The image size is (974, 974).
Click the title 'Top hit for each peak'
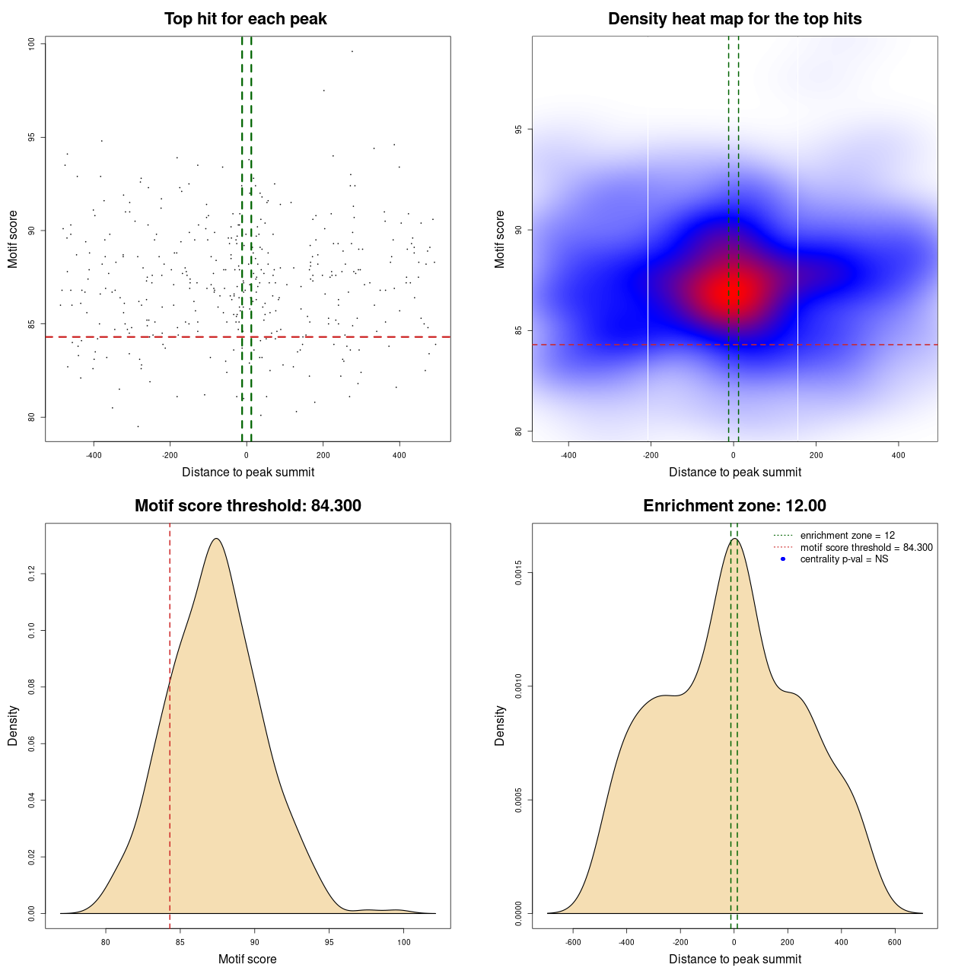click(245, 19)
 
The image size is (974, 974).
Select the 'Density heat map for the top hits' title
click(734, 19)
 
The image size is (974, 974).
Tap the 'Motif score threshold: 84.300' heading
click(247, 506)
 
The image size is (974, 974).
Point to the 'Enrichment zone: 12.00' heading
click(734, 506)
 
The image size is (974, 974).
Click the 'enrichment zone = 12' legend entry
click(847, 536)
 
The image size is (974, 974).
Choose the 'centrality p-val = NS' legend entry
click(844, 559)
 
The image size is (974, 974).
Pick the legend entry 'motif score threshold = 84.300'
click(866, 547)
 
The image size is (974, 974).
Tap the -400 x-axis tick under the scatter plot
click(94, 455)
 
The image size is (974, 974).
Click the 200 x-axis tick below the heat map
click(816, 455)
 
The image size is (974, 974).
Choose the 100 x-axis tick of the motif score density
click(403, 942)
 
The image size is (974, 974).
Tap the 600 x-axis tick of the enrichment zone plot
click(894, 942)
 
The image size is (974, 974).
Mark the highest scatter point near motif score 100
click(352, 52)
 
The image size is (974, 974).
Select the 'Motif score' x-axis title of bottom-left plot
click(247, 959)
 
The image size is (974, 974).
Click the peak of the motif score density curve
click(217, 539)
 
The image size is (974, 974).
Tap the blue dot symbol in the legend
click(783, 559)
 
